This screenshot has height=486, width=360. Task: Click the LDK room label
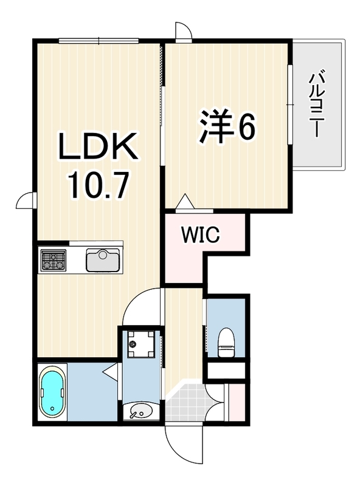99,146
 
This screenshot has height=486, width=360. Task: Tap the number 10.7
98,185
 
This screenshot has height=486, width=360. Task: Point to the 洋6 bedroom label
227,126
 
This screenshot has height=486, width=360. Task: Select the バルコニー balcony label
317,104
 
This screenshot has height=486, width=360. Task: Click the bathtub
52,392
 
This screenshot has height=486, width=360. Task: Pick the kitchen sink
103,260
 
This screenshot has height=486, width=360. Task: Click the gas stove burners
54,259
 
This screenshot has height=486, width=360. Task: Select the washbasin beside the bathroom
141,411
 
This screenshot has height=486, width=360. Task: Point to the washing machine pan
141,344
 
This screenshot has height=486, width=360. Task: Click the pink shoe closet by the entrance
237,402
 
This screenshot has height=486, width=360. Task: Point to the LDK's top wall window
99,40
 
